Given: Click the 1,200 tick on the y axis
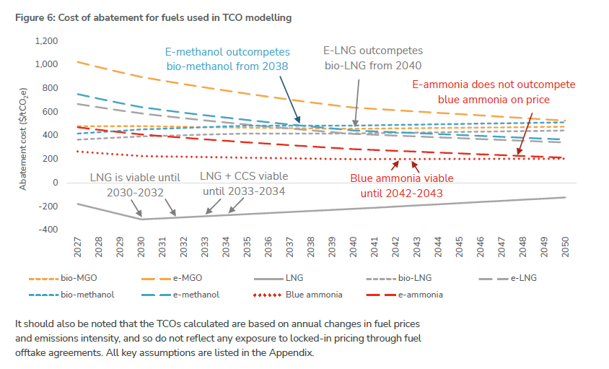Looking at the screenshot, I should [x=46, y=40].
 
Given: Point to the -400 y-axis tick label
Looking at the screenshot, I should [x=48, y=230].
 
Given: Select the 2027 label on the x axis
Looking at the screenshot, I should [x=76, y=250].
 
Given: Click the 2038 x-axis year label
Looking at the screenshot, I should [x=310, y=250].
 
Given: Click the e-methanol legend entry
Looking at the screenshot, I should [x=196, y=295].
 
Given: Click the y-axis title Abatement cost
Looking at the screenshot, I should [x=23, y=137].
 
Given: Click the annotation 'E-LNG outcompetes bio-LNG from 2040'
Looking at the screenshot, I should [x=372, y=58].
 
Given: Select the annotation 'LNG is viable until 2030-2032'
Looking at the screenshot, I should [x=135, y=183].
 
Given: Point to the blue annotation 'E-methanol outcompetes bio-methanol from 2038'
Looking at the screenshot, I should [x=227, y=59].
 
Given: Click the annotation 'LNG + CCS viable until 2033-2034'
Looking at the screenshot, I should [x=244, y=183].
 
